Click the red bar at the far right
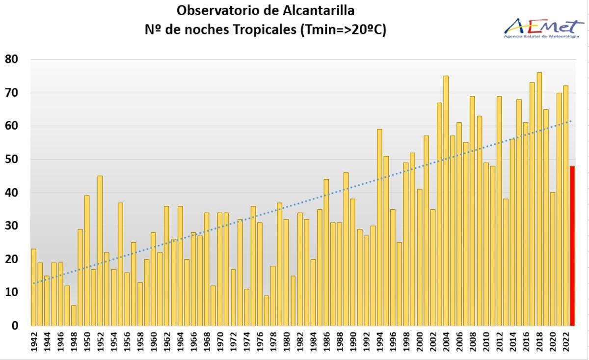click(572, 246)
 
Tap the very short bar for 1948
click(74, 315)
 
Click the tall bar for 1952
click(100, 250)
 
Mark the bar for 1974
click(246, 307)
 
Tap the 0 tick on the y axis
click(14, 325)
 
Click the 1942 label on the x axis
click(34, 342)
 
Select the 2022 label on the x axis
click(565, 342)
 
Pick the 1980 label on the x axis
click(286, 342)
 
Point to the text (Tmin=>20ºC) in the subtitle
click(342, 29)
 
